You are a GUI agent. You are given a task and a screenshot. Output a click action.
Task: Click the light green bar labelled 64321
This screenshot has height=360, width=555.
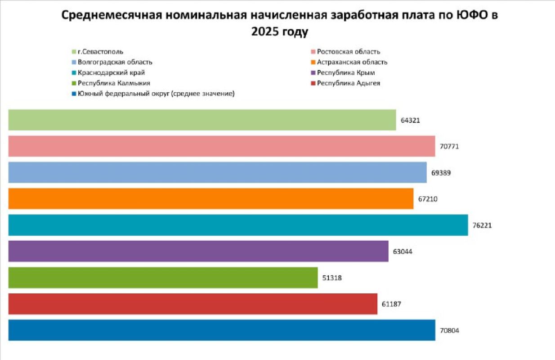tap(202, 120)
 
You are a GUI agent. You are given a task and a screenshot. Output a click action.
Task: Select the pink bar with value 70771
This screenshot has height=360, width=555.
tap(221, 146)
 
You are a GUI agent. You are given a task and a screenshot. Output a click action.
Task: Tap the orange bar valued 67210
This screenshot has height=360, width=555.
tap(210, 198)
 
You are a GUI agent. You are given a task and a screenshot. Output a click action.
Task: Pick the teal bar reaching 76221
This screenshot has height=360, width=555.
tap(238, 225)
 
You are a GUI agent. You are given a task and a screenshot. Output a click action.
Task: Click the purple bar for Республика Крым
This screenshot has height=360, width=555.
tap(198, 251)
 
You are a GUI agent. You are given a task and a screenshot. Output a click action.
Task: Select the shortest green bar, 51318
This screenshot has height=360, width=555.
tap(163, 278)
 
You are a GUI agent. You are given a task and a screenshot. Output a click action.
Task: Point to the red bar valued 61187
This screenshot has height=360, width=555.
tap(192, 304)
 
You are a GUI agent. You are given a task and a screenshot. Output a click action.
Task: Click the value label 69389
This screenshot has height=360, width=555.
tap(441, 173)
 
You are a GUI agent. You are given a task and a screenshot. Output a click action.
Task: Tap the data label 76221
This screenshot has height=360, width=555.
tap(482, 225)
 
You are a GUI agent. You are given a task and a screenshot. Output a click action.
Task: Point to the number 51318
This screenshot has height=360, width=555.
tap(332, 278)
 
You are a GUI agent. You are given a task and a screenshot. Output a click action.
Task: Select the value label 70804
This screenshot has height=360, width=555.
tap(449, 330)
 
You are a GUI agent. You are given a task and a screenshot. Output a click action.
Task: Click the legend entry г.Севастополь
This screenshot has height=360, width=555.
tap(100, 51)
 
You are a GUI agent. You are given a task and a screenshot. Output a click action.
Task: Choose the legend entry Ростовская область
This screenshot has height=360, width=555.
tap(348, 51)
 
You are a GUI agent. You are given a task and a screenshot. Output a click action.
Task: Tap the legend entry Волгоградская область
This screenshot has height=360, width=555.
tap(115, 62)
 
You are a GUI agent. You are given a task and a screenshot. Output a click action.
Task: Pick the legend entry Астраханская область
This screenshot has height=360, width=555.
tap(352, 62)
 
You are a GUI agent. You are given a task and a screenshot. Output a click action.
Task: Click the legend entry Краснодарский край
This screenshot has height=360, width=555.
tap(111, 72)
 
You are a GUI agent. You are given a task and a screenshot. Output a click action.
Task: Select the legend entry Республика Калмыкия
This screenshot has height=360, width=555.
tap(114, 83)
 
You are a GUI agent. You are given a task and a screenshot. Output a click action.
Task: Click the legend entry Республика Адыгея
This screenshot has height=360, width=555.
tap(348, 83)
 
